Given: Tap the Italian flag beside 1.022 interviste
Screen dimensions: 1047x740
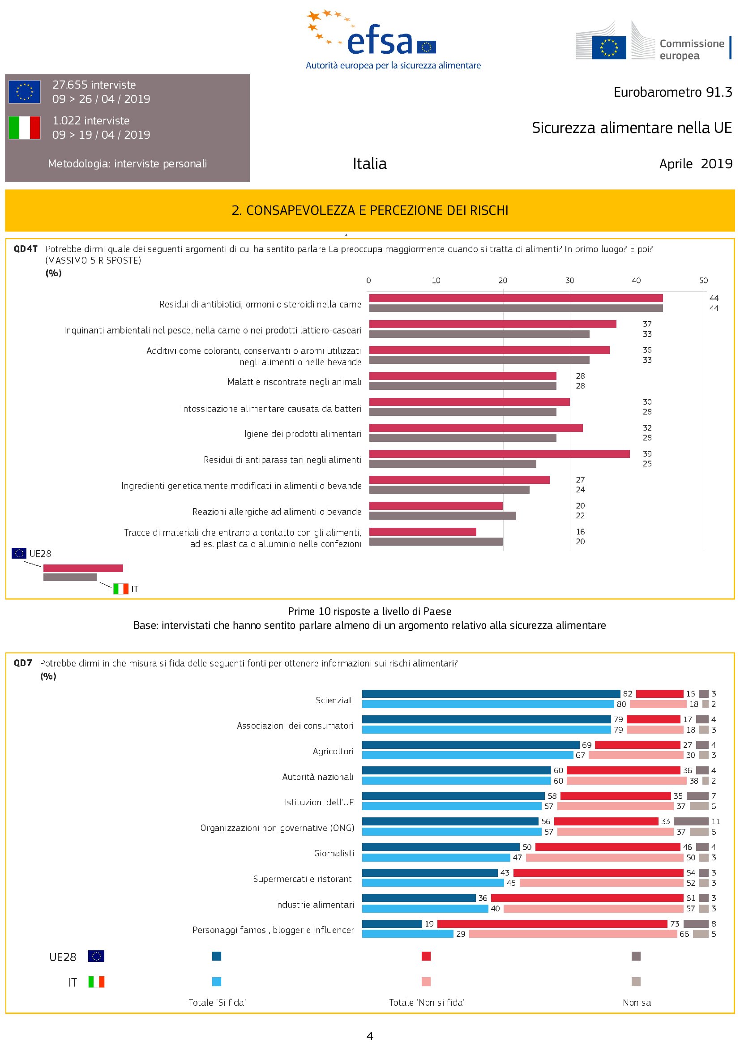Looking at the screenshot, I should click(25, 127).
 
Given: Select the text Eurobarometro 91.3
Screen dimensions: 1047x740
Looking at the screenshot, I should click(672, 92).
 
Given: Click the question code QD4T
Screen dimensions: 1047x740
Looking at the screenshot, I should click(25, 249).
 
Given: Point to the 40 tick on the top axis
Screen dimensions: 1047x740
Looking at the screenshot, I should click(636, 281).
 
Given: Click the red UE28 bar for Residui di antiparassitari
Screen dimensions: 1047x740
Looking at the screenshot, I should click(499, 454).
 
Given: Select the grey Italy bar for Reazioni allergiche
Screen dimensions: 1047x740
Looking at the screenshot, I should click(442, 516).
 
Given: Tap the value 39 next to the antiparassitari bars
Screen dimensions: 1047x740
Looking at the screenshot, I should click(647, 454).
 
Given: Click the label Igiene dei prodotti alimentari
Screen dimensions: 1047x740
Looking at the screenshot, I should click(303, 434).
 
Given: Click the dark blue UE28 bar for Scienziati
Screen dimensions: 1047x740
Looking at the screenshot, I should click(491, 693).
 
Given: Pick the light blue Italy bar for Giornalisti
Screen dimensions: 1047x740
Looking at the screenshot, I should click(436, 857).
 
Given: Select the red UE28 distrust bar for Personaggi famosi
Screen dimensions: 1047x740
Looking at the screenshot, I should click(552, 923).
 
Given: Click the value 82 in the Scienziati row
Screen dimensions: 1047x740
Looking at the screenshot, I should click(627, 693).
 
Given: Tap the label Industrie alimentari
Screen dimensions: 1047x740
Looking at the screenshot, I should click(314, 904).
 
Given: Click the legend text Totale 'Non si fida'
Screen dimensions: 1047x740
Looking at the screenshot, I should click(426, 1002).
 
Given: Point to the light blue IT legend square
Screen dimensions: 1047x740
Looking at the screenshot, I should click(217, 981).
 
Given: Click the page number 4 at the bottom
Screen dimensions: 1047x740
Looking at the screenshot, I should click(370, 1036).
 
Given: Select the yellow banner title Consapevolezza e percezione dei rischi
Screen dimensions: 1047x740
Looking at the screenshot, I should click(370, 210).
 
